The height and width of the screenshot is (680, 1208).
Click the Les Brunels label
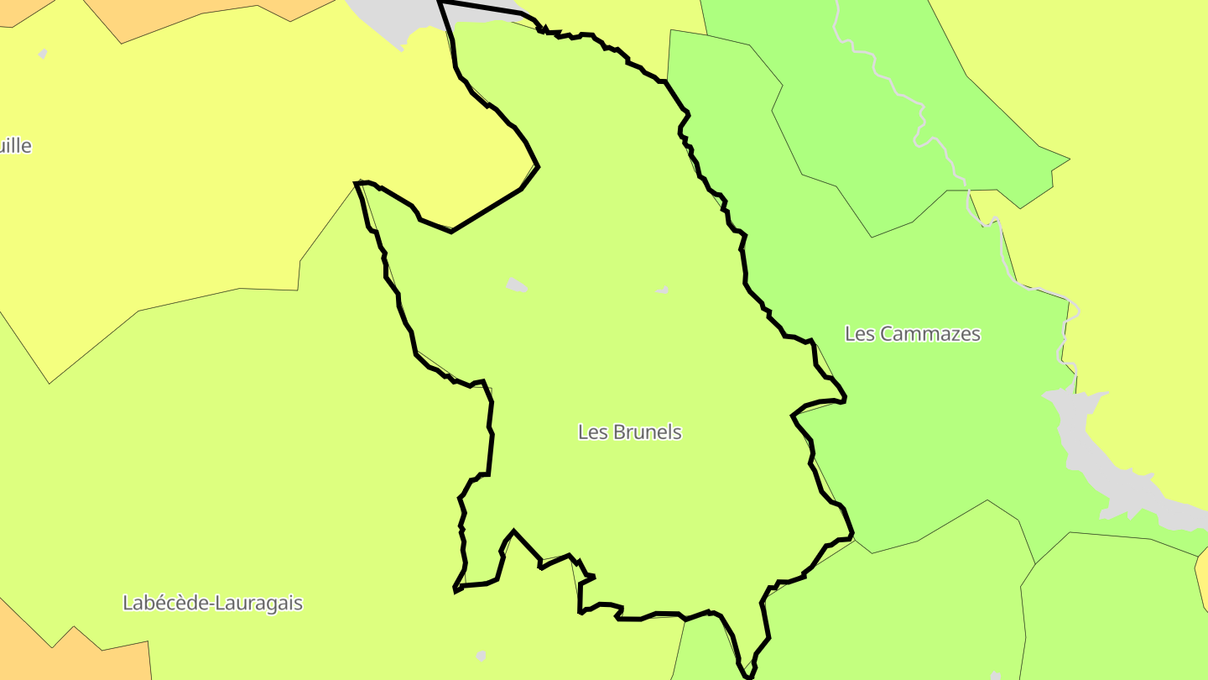coord(629,432)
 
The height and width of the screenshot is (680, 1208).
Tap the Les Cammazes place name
coord(912,333)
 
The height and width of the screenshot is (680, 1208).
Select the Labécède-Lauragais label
coord(212,603)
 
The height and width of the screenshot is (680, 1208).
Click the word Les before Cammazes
coord(859,333)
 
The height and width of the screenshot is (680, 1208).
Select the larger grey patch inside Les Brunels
coord(517,285)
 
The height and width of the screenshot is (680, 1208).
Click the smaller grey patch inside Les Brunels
coord(663,290)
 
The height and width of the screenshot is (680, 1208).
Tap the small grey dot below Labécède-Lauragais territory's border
coord(481,655)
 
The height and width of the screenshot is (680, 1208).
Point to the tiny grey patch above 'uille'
coord(43,55)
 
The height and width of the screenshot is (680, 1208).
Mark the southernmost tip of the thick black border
coord(747,674)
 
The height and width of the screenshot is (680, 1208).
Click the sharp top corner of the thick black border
coord(440,3)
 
